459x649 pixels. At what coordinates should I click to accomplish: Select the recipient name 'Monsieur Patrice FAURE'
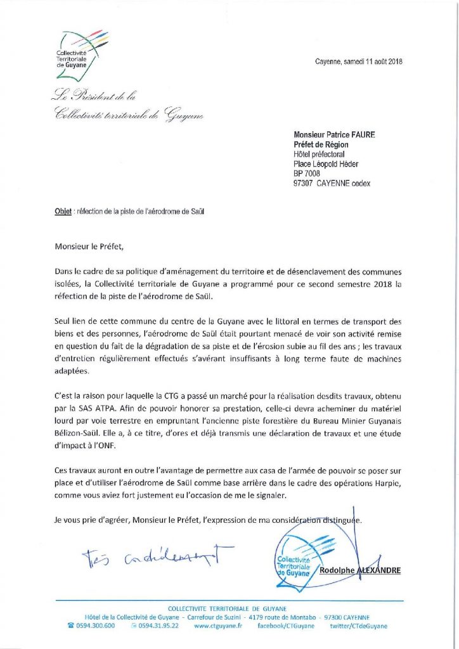point(334,134)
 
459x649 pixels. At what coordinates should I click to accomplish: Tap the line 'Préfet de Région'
point(321,145)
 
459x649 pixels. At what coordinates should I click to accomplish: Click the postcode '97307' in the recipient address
point(304,184)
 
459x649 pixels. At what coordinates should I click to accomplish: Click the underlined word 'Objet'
point(62,211)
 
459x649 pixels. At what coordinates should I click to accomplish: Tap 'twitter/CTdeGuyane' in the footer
point(358,626)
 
